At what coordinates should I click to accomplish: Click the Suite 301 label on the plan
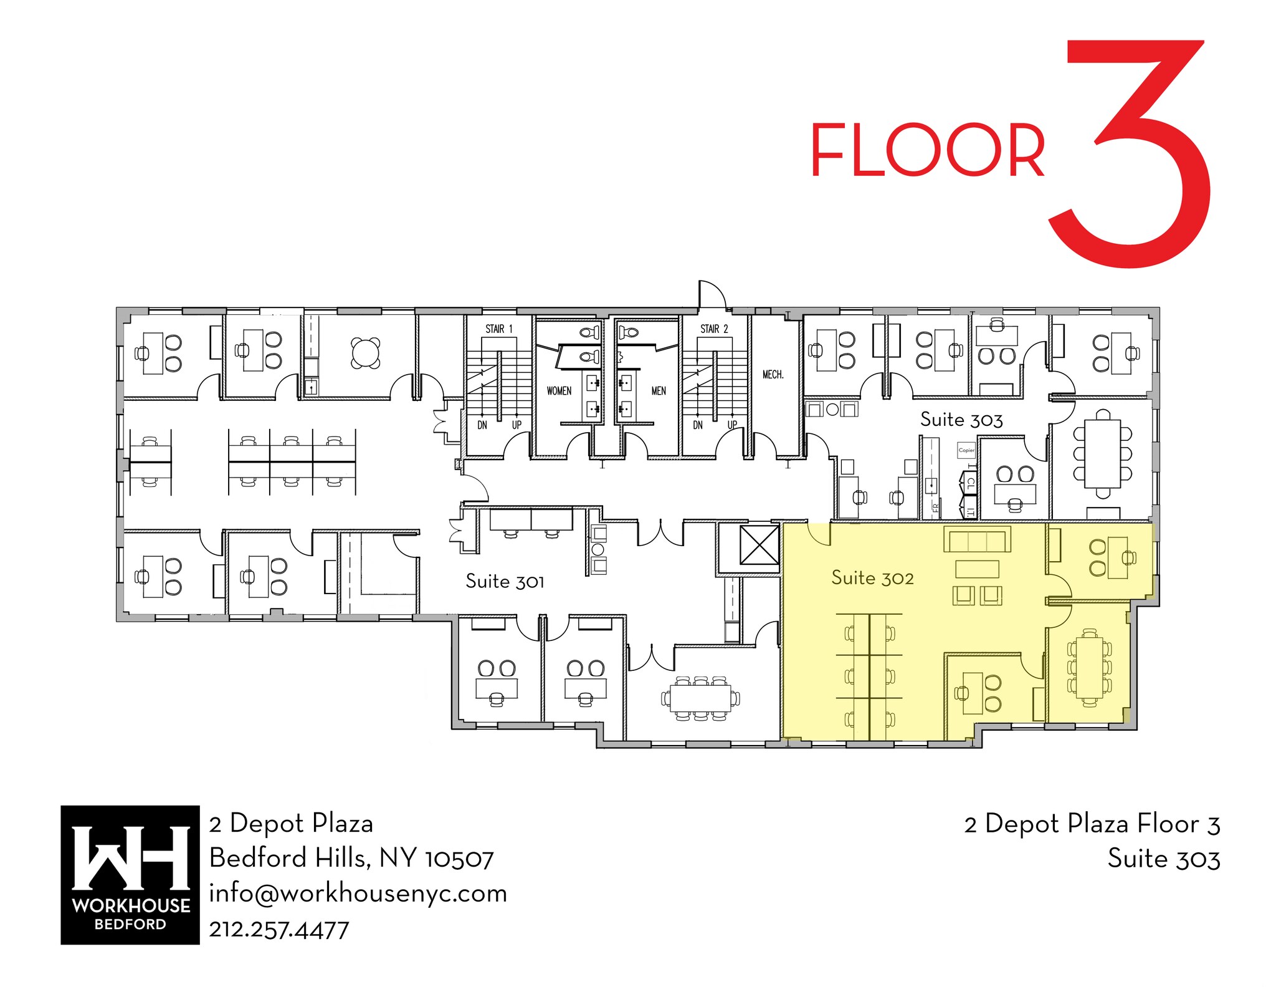(505, 581)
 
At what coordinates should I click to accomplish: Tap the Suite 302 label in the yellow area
(872, 578)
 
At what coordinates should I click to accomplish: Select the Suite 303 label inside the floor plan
(961, 420)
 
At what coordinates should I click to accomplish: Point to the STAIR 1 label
(499, 329)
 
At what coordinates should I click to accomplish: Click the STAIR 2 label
(714, 329)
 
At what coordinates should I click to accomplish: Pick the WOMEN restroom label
(559, 391)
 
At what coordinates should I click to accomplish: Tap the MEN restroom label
(659, 391)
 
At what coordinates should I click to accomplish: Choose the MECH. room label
(773, 374)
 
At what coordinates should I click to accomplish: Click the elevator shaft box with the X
(758, 545)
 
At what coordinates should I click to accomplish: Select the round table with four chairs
(366, 353)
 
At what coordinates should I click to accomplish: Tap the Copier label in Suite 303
(966, 450)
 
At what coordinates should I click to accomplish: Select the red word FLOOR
(927, 150)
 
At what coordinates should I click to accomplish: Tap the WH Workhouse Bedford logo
(130, 875)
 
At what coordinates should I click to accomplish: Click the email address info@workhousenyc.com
(358, 893)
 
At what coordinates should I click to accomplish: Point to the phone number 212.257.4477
(279, 930)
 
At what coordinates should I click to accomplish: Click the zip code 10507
(459, 859)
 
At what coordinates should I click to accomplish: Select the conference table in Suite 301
(701, 698)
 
